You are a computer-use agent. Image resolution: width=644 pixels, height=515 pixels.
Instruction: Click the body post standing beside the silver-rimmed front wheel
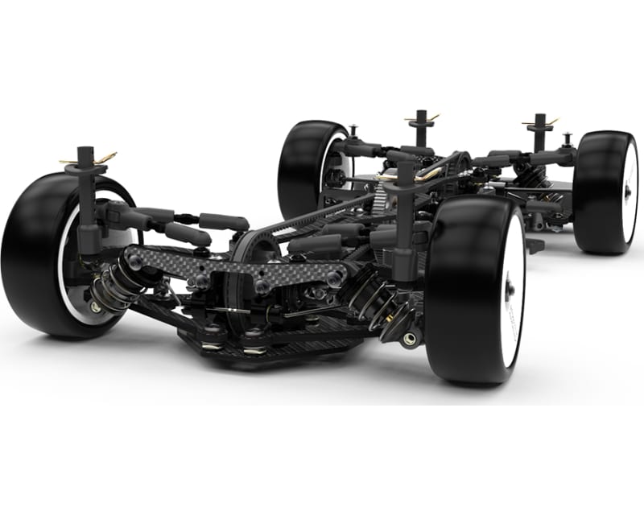pyautogui.click(x=86, y=193)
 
